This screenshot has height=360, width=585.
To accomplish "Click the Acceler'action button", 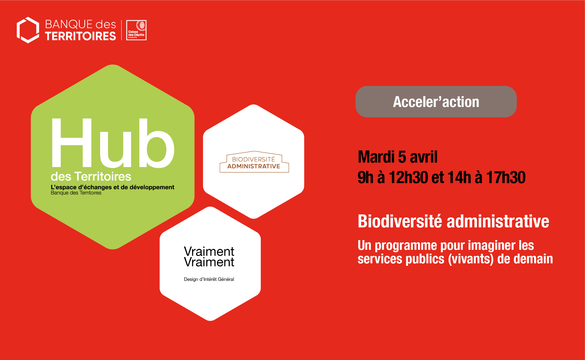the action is point(436,102).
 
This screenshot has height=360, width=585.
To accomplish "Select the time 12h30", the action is point(408,177).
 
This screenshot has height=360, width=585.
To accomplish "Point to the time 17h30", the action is point(506,177).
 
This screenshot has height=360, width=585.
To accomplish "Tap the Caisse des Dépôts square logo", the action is point(136,30).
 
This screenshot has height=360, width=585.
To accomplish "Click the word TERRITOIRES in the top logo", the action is point(80,36).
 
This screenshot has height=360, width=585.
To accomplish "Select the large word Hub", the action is point(113,143).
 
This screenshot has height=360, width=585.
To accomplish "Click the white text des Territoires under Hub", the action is point(91,176).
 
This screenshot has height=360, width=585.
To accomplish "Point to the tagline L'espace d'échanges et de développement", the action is point(113,187).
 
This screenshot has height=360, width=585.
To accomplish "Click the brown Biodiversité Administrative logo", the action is point(254,162).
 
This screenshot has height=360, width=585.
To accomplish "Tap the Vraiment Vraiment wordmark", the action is point(209,257).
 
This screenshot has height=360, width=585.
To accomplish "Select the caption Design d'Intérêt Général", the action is point(209,279).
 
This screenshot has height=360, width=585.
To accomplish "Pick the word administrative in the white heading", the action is point(498,221).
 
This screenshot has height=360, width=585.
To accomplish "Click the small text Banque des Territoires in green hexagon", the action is point(76,193).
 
